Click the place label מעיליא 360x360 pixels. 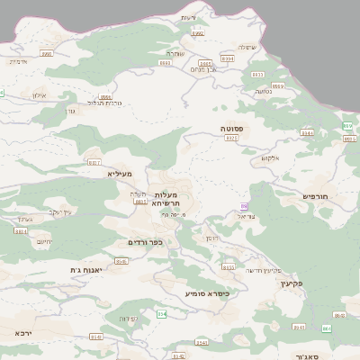119,173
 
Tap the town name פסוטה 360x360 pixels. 233,130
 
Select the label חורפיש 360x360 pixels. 316,195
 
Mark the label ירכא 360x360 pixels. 23,332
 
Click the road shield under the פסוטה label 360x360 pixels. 232,139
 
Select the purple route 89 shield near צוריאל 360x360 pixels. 245,206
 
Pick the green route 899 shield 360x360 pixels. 347,125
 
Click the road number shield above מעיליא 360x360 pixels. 94,163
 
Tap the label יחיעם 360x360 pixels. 44,241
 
